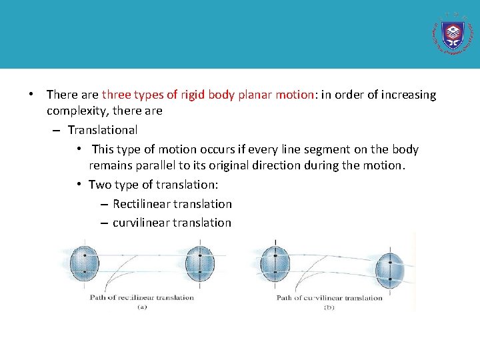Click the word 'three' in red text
[x=117, y=95]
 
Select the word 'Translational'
[x=103, y=130]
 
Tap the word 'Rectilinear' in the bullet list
[x=143, y=204]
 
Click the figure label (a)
[x=142, y=307]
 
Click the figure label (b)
[x=329, y=307]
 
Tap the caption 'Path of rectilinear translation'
[x=142, y=297]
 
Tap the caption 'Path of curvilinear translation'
[x=329, y=297]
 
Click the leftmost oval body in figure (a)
[x=84, y=264]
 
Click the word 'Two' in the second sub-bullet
[x=99, y=185]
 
